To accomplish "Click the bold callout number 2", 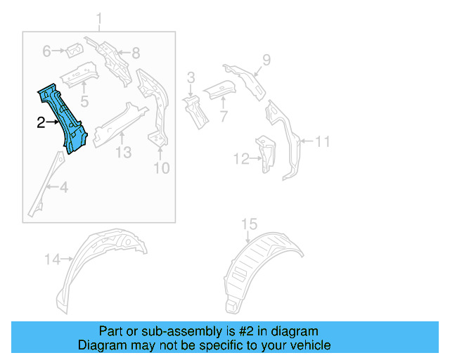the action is coord(41,123).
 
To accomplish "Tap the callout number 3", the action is coord(190,78).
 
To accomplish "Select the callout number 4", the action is coord(63,187).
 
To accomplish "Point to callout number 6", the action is coord(47,51).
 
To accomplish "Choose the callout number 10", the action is coord(162,168).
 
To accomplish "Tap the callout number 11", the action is coord(322,142).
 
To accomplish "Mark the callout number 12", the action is coord(240,160).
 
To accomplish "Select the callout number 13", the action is coord(123,152).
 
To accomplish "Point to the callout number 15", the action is coord(250,225).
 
